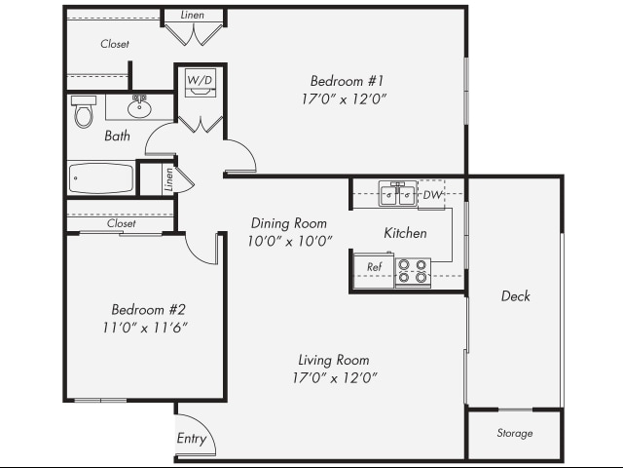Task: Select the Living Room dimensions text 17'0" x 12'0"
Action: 334,377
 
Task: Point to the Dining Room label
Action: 289,223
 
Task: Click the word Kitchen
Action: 405,233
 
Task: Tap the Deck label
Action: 515,296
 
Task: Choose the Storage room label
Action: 514,433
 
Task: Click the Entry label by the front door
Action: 192,439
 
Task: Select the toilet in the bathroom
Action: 83,114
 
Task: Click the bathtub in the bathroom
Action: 101,178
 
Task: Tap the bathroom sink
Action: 139,105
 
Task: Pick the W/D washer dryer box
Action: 200,83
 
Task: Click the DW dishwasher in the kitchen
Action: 431,195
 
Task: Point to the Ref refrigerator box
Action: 374,267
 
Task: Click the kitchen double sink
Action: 398,195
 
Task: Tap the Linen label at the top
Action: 193,15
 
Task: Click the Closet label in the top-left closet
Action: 115,44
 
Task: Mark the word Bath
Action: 117,136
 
